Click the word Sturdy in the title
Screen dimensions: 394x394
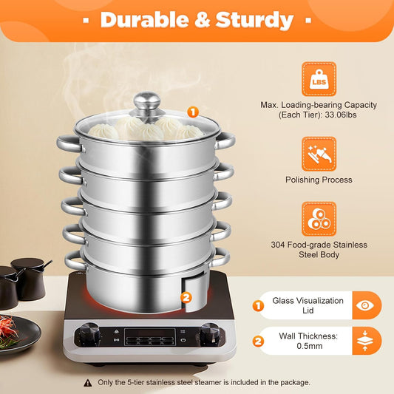point(254,19)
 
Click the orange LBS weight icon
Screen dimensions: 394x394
point(319,78)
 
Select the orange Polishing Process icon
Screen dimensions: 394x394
point(319,154)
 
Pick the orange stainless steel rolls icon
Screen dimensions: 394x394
point(319,219)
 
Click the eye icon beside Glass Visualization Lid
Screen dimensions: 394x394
point(364,305)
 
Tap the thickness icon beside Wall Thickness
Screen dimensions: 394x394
point(364,341)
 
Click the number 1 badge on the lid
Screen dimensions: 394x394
point(193,112)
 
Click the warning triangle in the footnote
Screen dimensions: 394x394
point(88,383)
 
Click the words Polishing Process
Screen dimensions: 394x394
point(319,180)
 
